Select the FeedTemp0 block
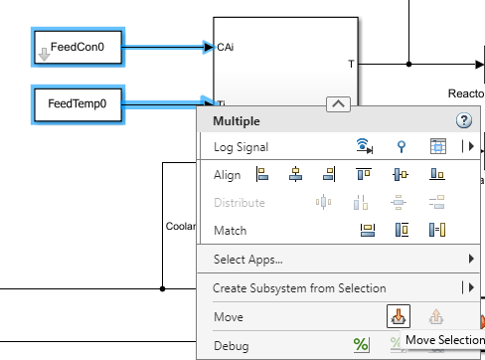79,103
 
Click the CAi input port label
226,47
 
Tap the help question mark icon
463,120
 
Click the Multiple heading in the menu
237,121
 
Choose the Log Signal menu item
242,147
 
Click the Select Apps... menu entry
248,260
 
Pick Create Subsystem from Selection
299,288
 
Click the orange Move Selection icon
397,317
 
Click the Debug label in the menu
231,346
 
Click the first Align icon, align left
262,175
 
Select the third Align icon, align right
329,175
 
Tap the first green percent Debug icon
362,345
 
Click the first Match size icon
366,231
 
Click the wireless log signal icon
365,147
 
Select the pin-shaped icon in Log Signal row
401,147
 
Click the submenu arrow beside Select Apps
471,260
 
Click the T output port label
350,64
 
